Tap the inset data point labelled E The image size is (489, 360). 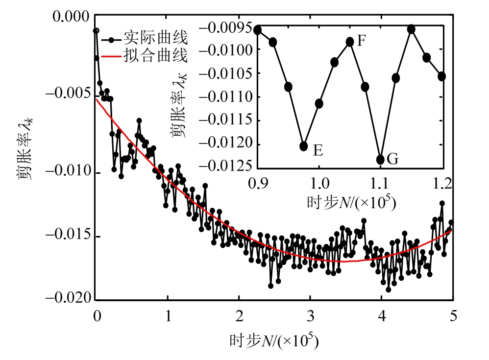tap(304, 146)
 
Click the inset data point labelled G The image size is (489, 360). tap(380, 160)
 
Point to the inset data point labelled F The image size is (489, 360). tap(350, 42)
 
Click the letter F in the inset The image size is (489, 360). tap(362, 40)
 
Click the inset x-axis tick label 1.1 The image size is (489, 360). tap(380, 183)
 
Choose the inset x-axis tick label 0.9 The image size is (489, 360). tap(258, 183)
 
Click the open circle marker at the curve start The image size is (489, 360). tap(97, 31)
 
